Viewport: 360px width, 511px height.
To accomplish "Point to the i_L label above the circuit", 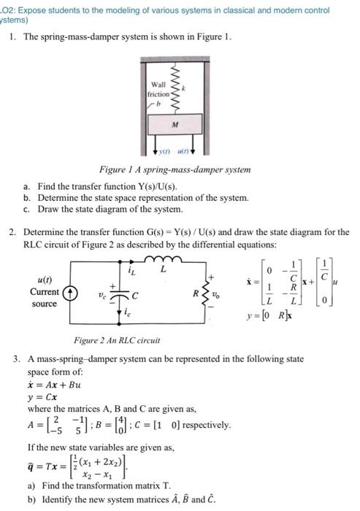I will pyautogui.click(x=132, y=272).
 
